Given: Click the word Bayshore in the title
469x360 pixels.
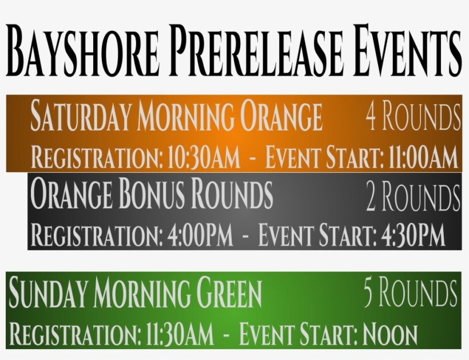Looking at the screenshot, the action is click(x=82, y=50).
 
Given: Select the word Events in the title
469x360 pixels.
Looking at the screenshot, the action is click(x=407, y=50).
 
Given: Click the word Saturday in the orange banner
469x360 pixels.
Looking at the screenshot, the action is click(x=81, y=116).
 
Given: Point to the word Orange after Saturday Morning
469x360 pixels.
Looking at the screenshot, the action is click(x=281, y=116).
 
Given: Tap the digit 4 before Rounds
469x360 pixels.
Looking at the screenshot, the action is click(x=371, y=116).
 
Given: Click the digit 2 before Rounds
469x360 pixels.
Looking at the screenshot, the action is click(x=371, y=196).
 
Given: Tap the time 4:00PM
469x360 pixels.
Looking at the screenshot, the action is click(x=200, y=234).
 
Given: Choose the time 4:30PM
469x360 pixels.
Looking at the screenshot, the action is click(x=413, y=234).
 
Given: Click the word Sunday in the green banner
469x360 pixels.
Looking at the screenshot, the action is click(x=48, y=292).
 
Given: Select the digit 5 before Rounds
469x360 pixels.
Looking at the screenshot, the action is click(x=368, y=292).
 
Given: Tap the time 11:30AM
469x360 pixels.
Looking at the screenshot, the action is click(x=180, y=334).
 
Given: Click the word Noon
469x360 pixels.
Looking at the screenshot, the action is click(x=390, y=334).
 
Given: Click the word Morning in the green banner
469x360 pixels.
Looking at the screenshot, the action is click(x=141, y=292).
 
